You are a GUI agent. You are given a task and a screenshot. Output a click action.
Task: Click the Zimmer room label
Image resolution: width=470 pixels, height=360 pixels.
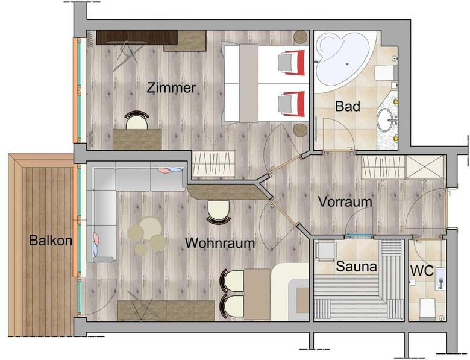172,88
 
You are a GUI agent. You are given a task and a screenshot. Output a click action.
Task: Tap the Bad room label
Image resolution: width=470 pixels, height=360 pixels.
348,106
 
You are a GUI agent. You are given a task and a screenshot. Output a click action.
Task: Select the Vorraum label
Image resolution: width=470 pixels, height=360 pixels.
345,202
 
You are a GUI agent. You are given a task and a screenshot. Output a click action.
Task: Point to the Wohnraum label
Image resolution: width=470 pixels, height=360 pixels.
220,243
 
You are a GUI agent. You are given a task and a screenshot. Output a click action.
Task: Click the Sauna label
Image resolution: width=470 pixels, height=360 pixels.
356,267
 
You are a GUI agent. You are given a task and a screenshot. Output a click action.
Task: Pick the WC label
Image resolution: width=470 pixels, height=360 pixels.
422,271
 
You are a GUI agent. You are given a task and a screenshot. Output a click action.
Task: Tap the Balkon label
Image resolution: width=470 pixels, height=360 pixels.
51,241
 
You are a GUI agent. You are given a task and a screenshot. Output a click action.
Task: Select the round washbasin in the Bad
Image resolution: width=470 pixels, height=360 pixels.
386,120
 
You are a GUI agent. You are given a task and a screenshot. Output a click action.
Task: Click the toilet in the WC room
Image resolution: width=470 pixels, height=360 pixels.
427,308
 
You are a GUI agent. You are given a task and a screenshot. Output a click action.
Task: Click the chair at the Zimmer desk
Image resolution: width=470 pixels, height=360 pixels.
137,120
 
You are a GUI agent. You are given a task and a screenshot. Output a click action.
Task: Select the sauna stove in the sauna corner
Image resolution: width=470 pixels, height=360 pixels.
325,251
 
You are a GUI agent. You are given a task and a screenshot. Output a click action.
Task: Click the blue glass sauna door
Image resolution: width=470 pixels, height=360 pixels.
359,236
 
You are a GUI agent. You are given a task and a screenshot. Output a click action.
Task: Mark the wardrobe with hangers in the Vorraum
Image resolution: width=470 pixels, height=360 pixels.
383,168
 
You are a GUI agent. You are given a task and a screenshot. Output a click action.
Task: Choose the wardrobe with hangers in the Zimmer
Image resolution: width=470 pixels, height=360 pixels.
213,163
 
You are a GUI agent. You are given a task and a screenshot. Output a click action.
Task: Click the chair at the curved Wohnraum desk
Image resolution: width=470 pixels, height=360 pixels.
219,212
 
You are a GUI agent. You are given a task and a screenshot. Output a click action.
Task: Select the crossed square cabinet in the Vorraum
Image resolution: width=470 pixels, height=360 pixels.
424,168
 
